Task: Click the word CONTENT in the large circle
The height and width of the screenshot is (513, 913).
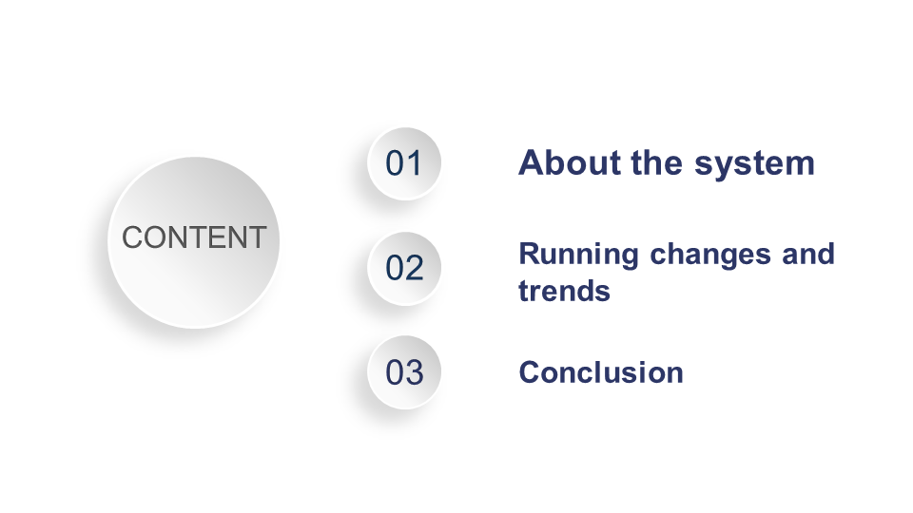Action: [194, 237]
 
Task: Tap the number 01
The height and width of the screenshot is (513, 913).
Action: [403, 163]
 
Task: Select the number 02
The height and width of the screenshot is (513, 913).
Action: [404, 268]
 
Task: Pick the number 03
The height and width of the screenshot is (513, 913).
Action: [404, 372]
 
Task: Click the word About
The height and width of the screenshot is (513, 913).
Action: [570, 162]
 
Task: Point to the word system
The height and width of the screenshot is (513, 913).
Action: [754, 164]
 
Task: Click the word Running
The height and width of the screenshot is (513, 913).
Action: [579, 256]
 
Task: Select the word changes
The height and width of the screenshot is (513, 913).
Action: [710, 256]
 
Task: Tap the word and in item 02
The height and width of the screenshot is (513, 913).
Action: [808, 254]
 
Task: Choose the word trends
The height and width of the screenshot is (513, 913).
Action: [564, 291]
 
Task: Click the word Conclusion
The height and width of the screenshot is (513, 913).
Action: [601, 372]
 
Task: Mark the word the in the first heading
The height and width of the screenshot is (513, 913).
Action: [657, 162]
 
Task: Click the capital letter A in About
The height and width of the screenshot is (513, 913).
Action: [531, 162]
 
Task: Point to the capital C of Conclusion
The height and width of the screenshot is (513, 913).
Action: [530, 372]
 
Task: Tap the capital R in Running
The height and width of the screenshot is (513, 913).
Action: [530, 255]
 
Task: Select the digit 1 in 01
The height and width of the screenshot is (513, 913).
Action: [415, 163]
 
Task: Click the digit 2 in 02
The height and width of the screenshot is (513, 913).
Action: [414, 268]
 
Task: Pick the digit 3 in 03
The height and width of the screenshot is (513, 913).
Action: [414, 372]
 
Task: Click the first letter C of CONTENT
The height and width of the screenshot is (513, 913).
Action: [132, 237]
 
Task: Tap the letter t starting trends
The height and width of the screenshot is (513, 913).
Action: [523, 291]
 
